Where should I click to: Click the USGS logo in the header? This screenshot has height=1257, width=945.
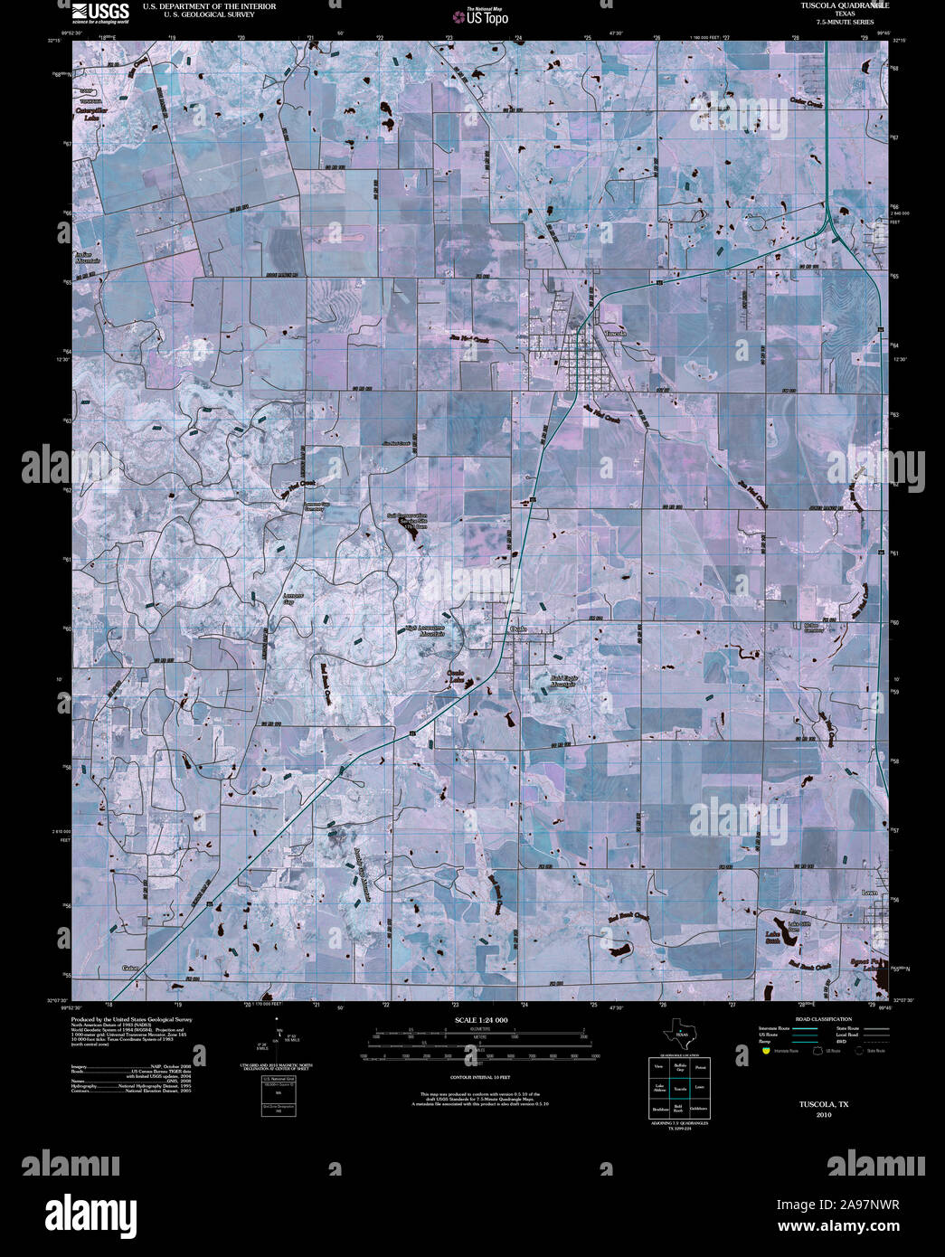tap(99, 12)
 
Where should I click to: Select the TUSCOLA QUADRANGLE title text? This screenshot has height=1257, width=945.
tap(844, 5)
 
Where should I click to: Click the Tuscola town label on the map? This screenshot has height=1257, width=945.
tap(615, 334)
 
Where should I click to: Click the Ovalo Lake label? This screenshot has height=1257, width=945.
tap(456, 677)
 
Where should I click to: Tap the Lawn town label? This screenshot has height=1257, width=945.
tap(870, 893)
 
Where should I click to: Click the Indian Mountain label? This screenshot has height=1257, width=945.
tap(87, 257)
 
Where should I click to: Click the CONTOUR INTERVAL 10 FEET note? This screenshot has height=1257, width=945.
tap(480, 1077)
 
